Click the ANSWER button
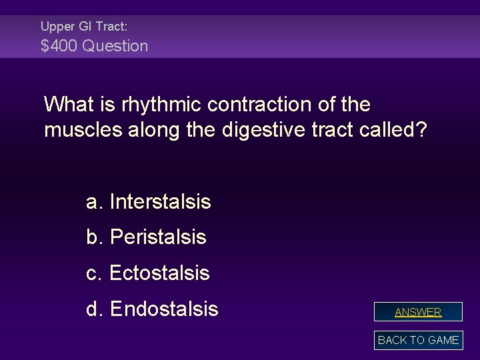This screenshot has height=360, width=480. pos(418,311)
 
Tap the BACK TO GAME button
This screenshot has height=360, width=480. pos(418,340)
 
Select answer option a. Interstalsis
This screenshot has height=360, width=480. pos(149,201)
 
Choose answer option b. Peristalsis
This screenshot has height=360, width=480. pos(146,237)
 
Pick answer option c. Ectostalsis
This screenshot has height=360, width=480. pos(148,273)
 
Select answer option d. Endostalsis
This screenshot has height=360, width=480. pos(152,309)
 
